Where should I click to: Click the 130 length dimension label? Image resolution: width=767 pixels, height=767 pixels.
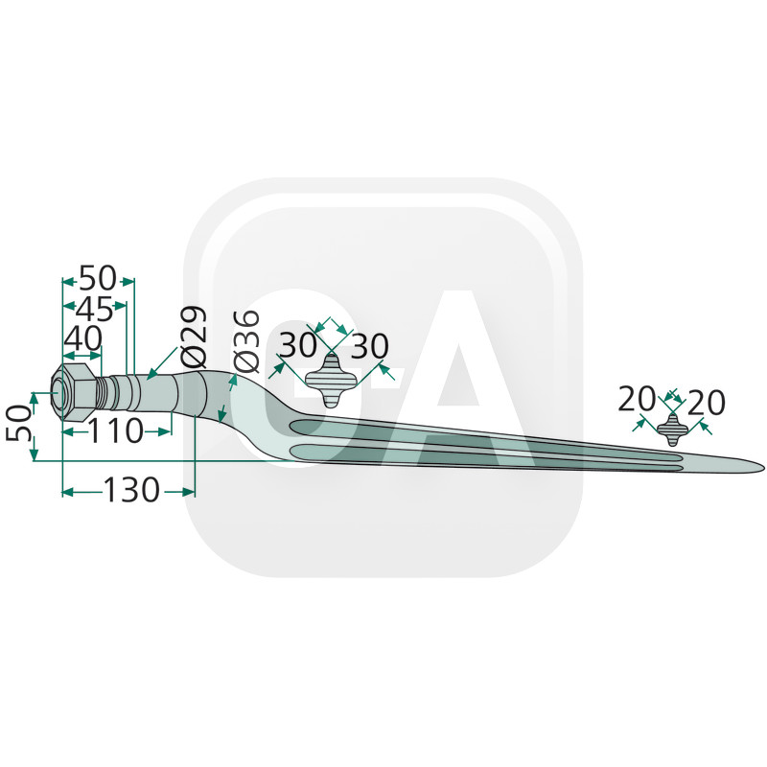click(131, 490)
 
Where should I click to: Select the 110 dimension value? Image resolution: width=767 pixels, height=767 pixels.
click(115, 431)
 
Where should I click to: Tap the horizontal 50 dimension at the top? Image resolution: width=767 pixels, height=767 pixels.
click(98, 278)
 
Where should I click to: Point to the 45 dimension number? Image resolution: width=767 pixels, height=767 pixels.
click(95, 309)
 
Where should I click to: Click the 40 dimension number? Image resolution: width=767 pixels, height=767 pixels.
click(83, 338)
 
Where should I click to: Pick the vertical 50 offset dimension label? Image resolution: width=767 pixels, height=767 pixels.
click(18, 423)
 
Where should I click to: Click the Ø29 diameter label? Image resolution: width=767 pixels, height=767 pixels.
click(194, 337)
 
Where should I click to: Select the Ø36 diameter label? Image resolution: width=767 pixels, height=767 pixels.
click(246, 341)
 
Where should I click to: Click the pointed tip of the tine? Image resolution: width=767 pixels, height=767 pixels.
click(763, 466)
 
